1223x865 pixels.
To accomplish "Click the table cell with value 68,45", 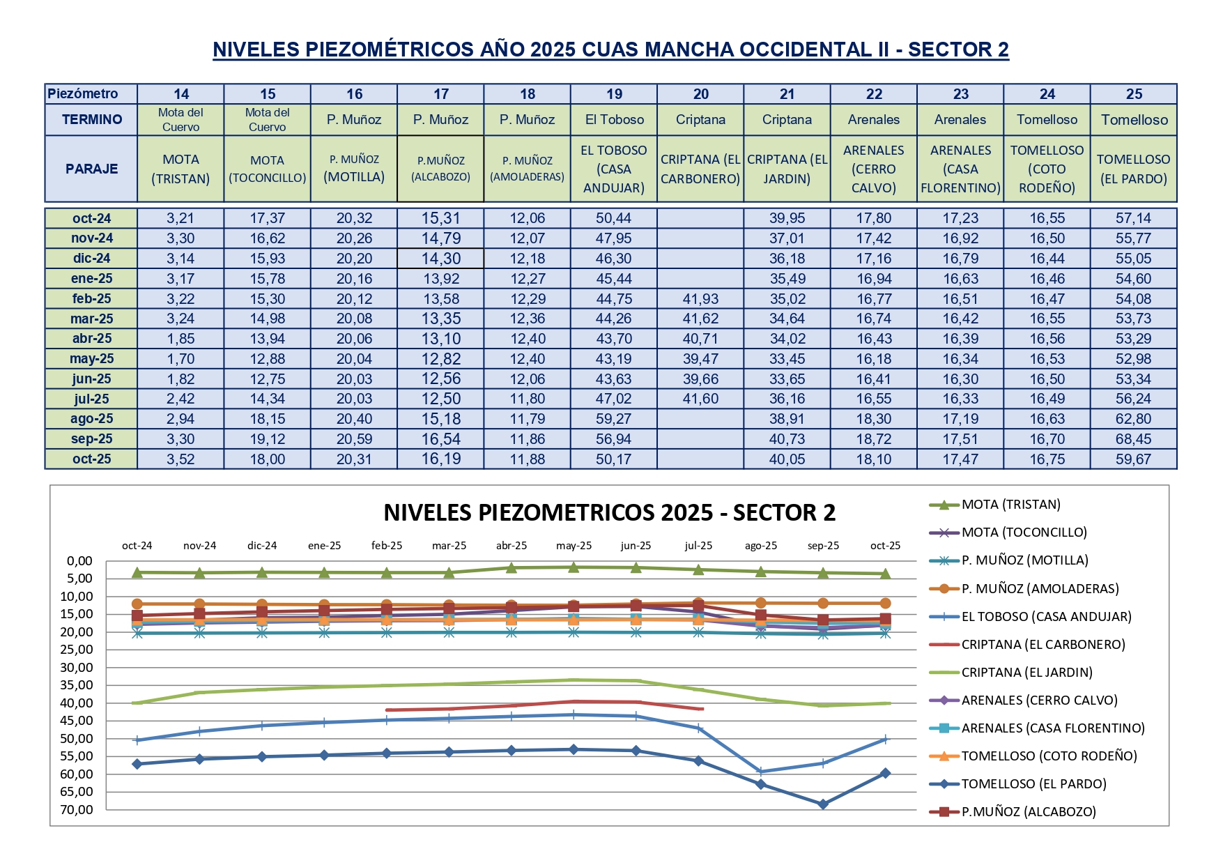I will point(1133,439).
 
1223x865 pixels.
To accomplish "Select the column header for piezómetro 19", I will point(614,94).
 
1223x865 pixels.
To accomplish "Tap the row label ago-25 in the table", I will point(91,419).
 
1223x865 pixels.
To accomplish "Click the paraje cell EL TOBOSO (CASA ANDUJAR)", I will point(614,169).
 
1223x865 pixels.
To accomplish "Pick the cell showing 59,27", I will point(614,419).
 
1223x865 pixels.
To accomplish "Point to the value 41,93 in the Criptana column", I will point(700,298).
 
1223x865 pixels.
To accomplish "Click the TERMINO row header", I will point(91,119).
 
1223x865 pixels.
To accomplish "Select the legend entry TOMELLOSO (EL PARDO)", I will point(1033,783).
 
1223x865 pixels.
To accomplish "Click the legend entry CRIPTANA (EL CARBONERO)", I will point(1043,644).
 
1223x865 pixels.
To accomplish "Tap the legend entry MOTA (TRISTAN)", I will point(1010,504).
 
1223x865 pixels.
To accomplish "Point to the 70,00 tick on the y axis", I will point(76,809).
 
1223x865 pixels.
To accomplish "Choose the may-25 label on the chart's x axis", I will point(574,546).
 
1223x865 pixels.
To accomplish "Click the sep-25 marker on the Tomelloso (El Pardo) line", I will point(823,804).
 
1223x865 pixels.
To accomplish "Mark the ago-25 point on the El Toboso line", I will point(761,772).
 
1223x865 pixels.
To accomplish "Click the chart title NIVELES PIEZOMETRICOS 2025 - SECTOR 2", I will point(609,513).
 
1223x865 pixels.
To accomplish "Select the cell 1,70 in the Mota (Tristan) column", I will point(180,359).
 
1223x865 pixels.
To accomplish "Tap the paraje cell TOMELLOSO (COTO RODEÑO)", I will point(1047,169).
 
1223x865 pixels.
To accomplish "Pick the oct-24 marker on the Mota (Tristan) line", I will point(137,572).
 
